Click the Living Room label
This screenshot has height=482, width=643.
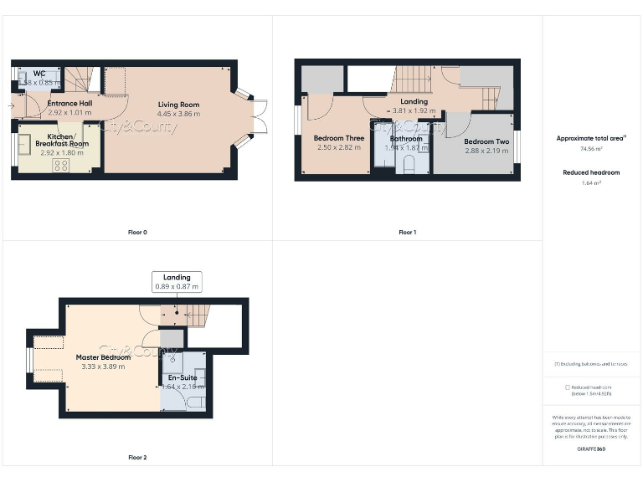pos(179,105)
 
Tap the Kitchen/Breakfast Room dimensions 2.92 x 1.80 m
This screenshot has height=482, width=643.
pos(61,153)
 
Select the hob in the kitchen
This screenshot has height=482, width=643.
pos(61,165)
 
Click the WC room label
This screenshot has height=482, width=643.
pos(39,74)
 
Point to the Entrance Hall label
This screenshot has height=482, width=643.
pos(69,103)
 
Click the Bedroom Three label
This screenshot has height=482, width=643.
pos(338,138)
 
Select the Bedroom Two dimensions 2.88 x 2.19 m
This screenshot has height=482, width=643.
pos(486,151)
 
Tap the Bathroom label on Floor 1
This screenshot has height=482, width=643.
pos(406,139)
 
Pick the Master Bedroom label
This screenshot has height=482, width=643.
pos(103,357)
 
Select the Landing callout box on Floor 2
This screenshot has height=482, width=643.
pos(177,282)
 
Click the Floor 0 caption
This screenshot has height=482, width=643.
pos(137,232)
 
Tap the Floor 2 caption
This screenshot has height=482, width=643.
pos(137,458)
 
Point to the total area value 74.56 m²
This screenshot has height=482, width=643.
pos(591,148)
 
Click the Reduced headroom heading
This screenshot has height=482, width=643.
pos(591,172)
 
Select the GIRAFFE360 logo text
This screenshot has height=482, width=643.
pos(591,449)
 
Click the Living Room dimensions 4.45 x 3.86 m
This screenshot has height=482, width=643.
pos(179,114)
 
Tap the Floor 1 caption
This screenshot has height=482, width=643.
pos(407,232)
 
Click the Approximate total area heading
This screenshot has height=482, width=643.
pos(591,138)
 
